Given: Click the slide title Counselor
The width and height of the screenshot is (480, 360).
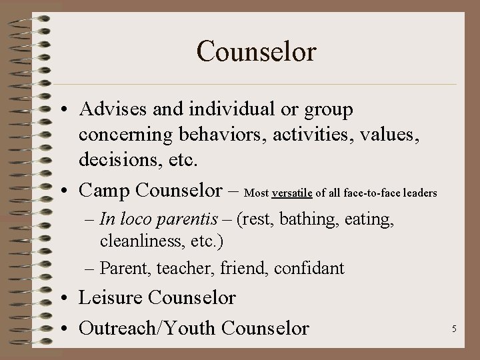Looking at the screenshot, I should coord(256,51).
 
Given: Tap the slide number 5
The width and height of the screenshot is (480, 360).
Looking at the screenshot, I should coord(453,328).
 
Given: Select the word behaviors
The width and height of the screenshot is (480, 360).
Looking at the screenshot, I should coord(217,135).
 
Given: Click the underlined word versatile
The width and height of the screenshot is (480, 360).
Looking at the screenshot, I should coord(292,193).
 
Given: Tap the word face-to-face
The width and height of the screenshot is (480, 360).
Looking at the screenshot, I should coord(368,193).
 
